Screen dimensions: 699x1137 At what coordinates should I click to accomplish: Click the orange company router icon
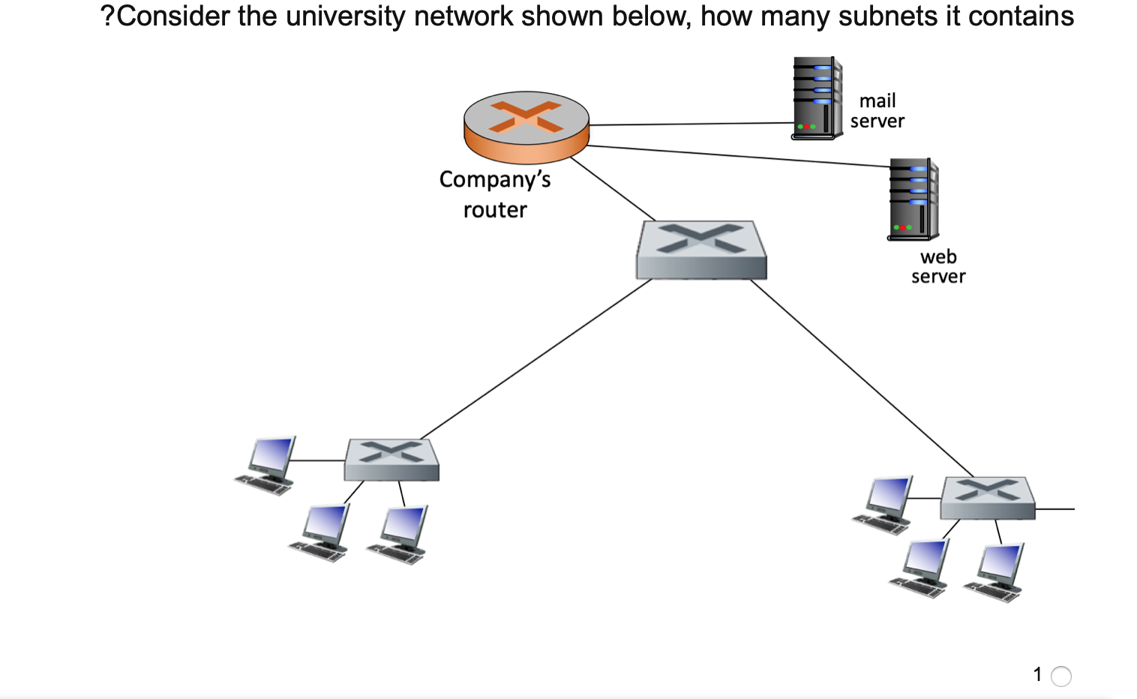[526, 127]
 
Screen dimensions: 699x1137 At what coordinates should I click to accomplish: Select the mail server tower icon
[817, 98]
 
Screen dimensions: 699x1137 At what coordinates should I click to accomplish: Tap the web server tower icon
[913, 199]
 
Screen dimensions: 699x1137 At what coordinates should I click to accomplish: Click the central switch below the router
[701, 250]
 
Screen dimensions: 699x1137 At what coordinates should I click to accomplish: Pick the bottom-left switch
[391, 460]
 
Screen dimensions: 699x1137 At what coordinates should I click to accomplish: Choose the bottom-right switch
[987, 498]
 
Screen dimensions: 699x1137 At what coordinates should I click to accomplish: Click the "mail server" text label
[877, 111]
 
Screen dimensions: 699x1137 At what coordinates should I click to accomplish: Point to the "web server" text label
[938, 267]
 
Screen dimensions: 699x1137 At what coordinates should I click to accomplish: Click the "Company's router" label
[495, 194]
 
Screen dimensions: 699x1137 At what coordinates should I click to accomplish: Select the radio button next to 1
[1060, 676]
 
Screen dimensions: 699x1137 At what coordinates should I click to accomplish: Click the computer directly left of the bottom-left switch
[266, 464]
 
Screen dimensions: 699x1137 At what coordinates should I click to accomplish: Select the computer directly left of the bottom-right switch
[884, 503]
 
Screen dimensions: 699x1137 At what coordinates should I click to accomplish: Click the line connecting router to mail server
[690, 124]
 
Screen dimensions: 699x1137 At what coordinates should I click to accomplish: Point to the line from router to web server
[735, 155]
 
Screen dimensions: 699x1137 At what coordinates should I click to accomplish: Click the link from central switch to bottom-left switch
[536, 358]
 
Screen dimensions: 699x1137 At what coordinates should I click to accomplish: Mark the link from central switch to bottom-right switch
[862, 378]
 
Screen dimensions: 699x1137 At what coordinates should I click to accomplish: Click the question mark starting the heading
[107, 16]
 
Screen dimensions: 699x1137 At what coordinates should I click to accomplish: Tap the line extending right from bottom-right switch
[1055, 508]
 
